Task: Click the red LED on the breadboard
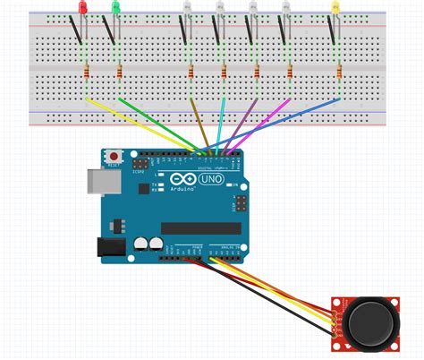point(83,8)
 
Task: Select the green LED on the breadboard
point(114,8)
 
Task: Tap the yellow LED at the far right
point(335,8)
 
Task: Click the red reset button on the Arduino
point(114,159)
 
